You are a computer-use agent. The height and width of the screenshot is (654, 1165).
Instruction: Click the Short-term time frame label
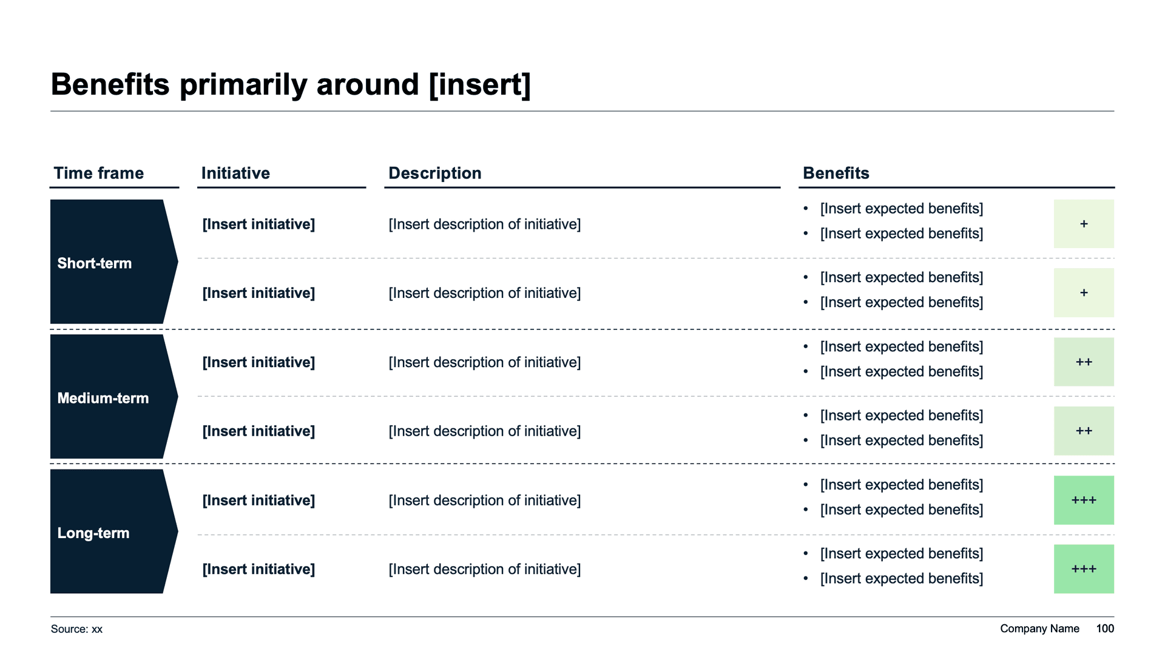pos(94,263)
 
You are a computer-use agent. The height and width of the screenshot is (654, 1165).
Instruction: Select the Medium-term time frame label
pos(103,398)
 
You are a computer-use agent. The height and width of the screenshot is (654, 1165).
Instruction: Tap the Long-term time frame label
pos(93,533)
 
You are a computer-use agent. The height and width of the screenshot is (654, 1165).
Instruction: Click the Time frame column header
pos(98,173)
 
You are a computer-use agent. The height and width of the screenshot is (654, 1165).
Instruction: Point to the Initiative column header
pos(235,173)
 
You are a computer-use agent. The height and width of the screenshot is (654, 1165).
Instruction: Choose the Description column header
pos(434,174)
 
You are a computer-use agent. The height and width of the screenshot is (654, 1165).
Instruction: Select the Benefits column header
pos(836,173)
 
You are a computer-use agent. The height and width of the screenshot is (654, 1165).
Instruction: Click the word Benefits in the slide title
pos(110,84)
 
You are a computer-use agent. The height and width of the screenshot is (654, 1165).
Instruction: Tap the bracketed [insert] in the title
pos(479,84)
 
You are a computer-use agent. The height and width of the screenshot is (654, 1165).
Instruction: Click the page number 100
pos(1105,629)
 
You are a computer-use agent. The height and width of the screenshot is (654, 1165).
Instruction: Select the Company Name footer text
pos(1039,629)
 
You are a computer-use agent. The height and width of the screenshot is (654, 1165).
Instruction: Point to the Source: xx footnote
pos(76,629)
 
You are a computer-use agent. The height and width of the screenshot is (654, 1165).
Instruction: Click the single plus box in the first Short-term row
pos(1084,224)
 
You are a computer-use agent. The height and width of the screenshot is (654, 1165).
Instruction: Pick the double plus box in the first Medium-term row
pos(1084,362)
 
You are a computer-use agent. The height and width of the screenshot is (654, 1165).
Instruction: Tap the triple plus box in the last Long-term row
pos(1084,569)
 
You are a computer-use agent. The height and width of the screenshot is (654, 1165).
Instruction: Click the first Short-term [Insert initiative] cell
pos(258,224)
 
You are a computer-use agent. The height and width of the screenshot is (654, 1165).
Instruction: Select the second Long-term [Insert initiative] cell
pos(258,570)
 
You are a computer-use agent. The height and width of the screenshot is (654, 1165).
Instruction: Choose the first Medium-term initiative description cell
pos(484,363)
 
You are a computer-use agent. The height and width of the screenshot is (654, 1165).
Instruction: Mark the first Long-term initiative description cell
pos(484,501)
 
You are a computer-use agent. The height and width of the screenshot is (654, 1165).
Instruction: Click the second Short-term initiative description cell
pos(484,294)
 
